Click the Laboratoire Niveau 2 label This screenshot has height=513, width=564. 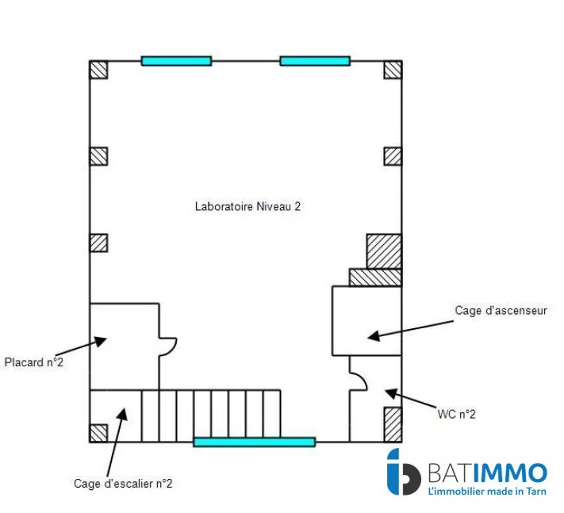pyautogui.click(x=247, y=206)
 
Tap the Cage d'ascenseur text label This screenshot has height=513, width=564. pyautogui.click(x=501, y=311)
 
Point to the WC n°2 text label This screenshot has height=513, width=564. pyautogui.click(x=456, y=414)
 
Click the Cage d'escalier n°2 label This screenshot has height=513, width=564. pyautogui.click(x=123, y=482)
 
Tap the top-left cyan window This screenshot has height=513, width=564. pyautogui.click(x=176, y=60)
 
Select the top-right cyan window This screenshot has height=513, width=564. pyautogui.click(x=315, y=60)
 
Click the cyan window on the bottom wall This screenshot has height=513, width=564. pyautogui.click(x=254, y=442)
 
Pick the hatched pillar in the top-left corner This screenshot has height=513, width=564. pyautogui.click(x=98, y=69)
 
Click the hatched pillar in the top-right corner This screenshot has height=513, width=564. pyautogui.click(x=393, y=69)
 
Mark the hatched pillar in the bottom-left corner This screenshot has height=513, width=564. pyautogui.click(x=98, y=432)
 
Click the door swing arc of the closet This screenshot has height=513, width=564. pyautogui.click(x=169, y=346)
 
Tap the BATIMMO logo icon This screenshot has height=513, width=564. pyautogui.click(x=403, y=474)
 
